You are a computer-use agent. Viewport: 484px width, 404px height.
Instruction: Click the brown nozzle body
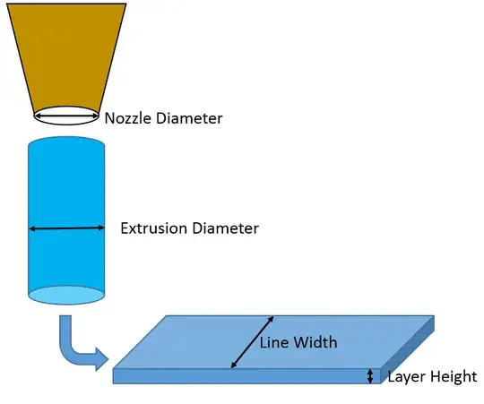67,54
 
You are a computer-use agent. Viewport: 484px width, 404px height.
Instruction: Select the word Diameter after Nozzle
190,118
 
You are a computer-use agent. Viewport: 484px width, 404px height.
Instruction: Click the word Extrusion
153,228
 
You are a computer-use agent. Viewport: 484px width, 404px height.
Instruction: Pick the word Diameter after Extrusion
226,228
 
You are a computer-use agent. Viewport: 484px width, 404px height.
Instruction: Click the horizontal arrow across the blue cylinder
67,229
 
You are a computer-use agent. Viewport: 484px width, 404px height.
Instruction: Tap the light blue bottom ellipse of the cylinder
67,294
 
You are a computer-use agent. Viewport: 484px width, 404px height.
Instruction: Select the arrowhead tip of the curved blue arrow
108,362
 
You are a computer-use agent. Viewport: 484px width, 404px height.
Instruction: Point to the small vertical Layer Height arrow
369,376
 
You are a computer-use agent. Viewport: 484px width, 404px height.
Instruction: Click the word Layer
406,377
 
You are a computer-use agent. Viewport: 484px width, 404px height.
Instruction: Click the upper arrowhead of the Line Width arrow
272,319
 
